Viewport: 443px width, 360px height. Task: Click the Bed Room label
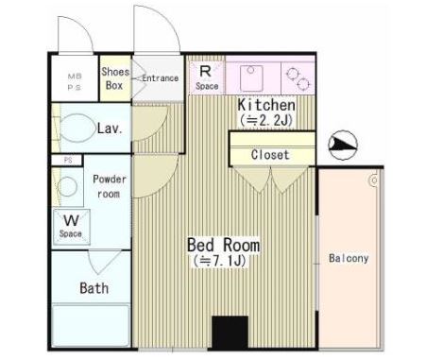224,245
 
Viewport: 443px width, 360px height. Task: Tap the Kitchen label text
266,105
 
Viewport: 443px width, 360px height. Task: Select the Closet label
270,155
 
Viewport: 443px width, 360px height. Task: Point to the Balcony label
349,258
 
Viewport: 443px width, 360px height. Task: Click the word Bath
94,288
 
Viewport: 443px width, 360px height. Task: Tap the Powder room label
110,186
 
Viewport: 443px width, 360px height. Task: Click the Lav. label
110,129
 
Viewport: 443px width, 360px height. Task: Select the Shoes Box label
115,78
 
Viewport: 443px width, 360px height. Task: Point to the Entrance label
161,77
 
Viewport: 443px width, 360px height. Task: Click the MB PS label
75,82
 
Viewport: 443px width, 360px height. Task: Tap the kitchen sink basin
251,78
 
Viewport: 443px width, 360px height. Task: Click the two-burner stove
298,78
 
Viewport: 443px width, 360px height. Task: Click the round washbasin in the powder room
67,186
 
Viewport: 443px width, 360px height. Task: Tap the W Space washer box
72,227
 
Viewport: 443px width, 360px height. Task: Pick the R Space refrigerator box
207,77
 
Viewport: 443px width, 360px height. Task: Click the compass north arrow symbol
343,145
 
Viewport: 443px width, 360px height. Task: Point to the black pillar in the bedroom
230,333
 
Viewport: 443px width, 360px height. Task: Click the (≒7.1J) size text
220,261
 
